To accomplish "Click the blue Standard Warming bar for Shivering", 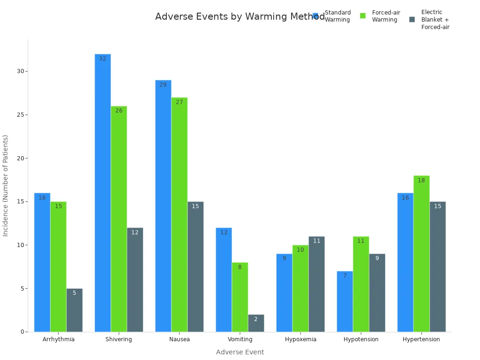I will pyautogui.click(x=103, y=193).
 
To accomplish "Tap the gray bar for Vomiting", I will pyautogui.click(x=256, y=323).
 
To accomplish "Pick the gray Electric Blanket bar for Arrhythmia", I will pyautogui.click(x=74, y=310).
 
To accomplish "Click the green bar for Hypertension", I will pyautogui.click(x=421, y=254).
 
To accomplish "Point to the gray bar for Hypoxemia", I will pyautogui.click(x=316, y=284).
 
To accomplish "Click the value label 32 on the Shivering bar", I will pyautogui.click(x=103, y=59).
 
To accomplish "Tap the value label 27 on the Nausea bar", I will pyautogui.click(x=179, y=102).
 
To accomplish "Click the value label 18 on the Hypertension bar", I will pyautogui.click(x=421, y=180).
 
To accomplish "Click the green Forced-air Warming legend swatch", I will pyautogui.click(x=363, y=16).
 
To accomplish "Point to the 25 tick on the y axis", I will pyautogui.click(x=21, y=115).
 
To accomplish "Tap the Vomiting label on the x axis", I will pyautogui.click(x=240, y=339).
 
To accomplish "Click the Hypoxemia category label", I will pyautogui.click(x=300, y=339).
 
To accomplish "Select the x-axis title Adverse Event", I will pyautogui.click(x=240, y=352).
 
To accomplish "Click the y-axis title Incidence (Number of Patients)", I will pyautogui.click(x=6, y=185).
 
